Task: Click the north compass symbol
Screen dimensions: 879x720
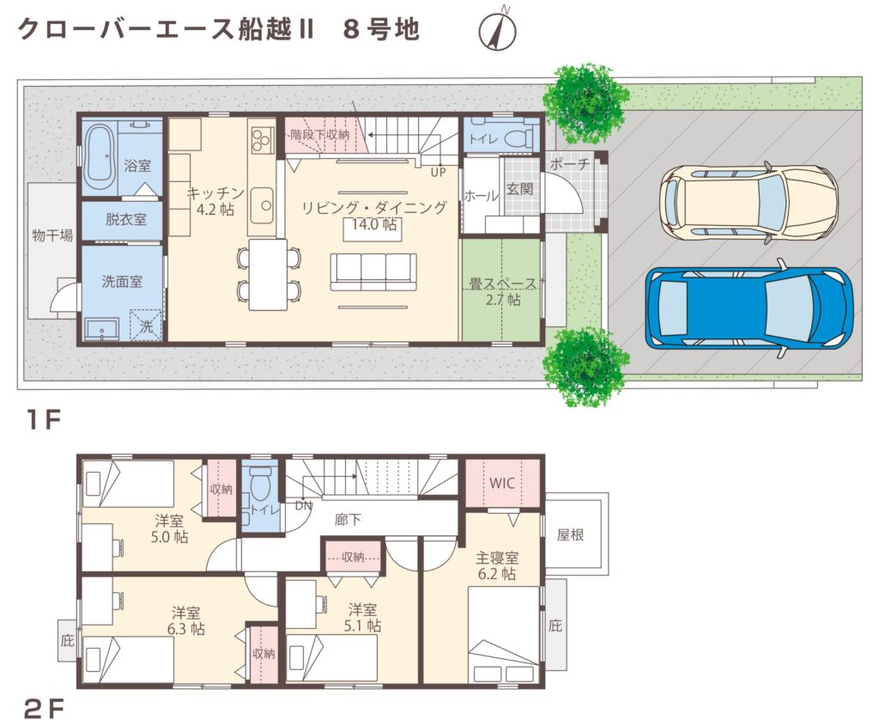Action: point(497,29)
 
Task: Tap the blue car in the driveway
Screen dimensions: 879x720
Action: point(749,308)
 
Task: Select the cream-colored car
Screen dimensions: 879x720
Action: point(749,203)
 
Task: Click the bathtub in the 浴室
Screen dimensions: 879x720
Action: point(100,158)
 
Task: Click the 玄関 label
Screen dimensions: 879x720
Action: point(519,188)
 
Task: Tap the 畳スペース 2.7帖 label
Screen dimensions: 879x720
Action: point(503,291)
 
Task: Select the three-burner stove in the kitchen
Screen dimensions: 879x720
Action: point(261,140)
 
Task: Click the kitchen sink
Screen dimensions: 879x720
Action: point(261,204)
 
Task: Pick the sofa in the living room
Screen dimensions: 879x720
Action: point(373,272)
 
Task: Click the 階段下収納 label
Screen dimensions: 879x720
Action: point(320,135)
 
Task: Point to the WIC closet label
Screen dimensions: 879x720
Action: point(501,483)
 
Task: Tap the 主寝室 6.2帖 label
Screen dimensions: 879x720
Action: point(497,565)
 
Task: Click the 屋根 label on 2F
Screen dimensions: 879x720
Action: point(570,534)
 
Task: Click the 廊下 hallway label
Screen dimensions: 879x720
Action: point(348,520)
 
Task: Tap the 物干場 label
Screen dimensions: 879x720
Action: point(52,235)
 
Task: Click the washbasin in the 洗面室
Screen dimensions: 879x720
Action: point(102,329)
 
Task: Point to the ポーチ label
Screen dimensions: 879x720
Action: point(568,163)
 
